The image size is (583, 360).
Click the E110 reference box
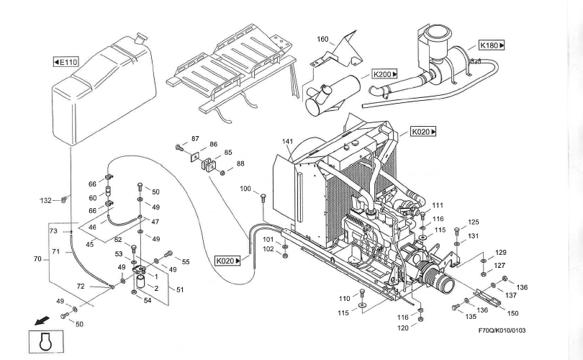coord(65,63)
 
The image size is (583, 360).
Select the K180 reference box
coord(492,45)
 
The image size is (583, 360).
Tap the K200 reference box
coord(385,74)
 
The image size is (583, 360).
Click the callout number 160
coord(322,39)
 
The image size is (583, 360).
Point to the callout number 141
coord(288,141)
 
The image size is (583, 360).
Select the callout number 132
coord(46,199)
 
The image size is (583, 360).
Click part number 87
coord(195,138)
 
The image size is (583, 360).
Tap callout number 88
coord(240,163)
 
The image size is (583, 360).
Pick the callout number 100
coord(245,189)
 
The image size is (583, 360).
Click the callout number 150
coord(513,313)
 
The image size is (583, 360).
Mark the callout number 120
coord(405,328)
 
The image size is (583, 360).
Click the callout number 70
coord(38,258)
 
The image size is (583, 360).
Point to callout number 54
coord(148,300)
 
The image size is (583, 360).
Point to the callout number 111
coord(438,205)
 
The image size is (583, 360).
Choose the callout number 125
coord(473,222)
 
